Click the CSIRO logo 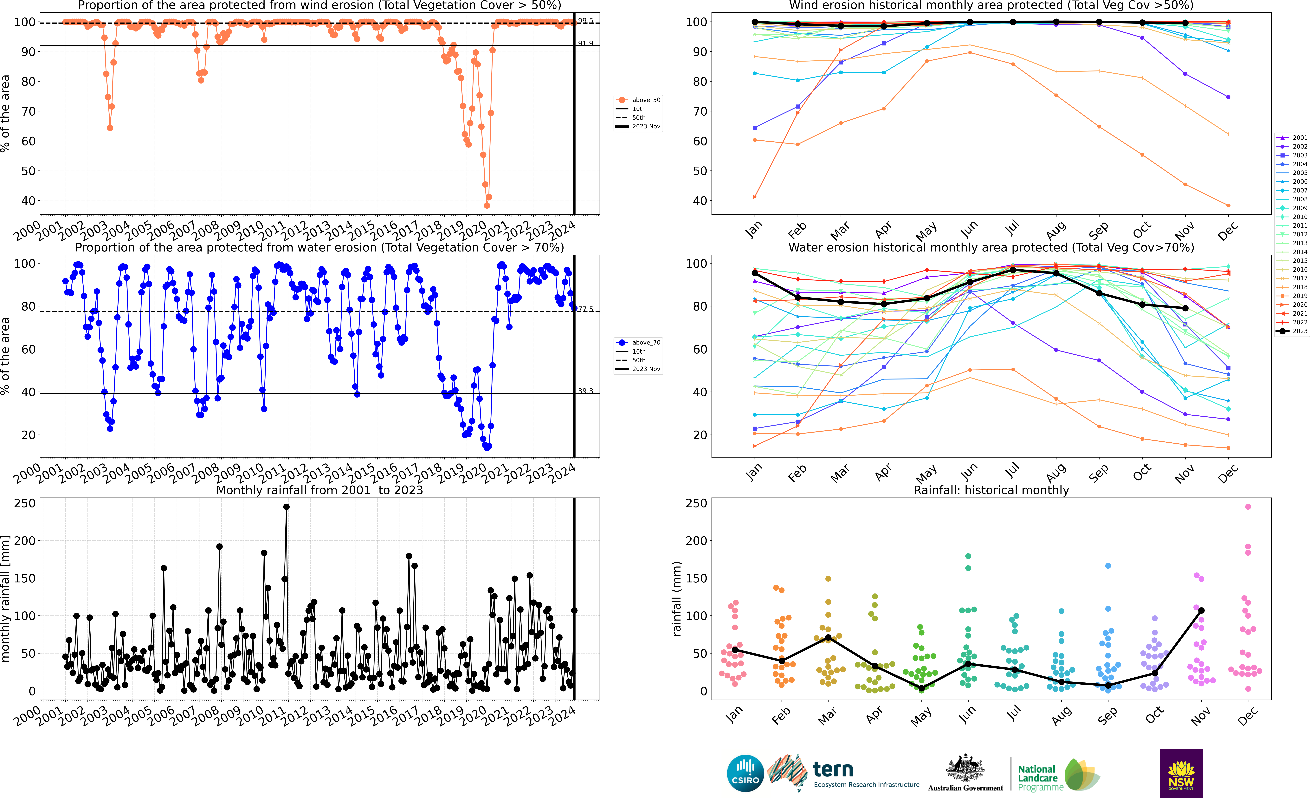click(x=745, y=773)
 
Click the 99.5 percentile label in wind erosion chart click(x=585, y=21)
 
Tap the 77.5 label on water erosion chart click(x=585, y=309)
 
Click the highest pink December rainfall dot click(x=1248, y=507)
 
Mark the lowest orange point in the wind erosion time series click(x=487, y=205)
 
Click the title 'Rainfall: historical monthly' click(x=991, y=490)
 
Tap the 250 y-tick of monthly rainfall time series click(x=25, y=503)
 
